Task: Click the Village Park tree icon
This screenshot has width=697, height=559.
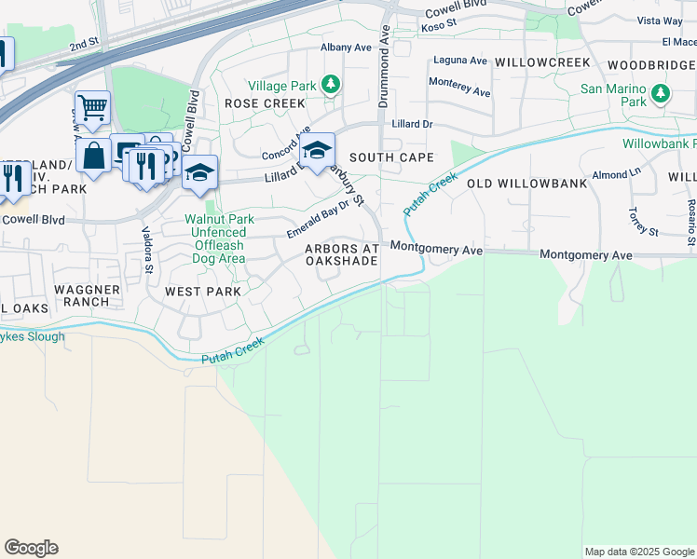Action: point(330,86)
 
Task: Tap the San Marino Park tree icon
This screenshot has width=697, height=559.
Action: point(661,94)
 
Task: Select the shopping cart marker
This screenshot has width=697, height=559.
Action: point(92,108)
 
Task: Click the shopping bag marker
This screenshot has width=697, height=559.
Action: point(94,156)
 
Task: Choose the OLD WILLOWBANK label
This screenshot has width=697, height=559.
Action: point(526,184)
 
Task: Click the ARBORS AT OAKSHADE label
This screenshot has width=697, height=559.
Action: point(342,254)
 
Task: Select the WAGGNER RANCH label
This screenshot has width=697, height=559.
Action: point(88,296)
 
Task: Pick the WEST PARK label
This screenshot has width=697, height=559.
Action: point(203,292)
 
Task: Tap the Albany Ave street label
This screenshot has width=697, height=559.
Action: point(346,47)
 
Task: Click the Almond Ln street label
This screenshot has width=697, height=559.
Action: point(617,174)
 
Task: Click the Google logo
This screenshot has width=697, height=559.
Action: point(31,548)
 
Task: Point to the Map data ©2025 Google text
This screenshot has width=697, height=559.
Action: point(638,552)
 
